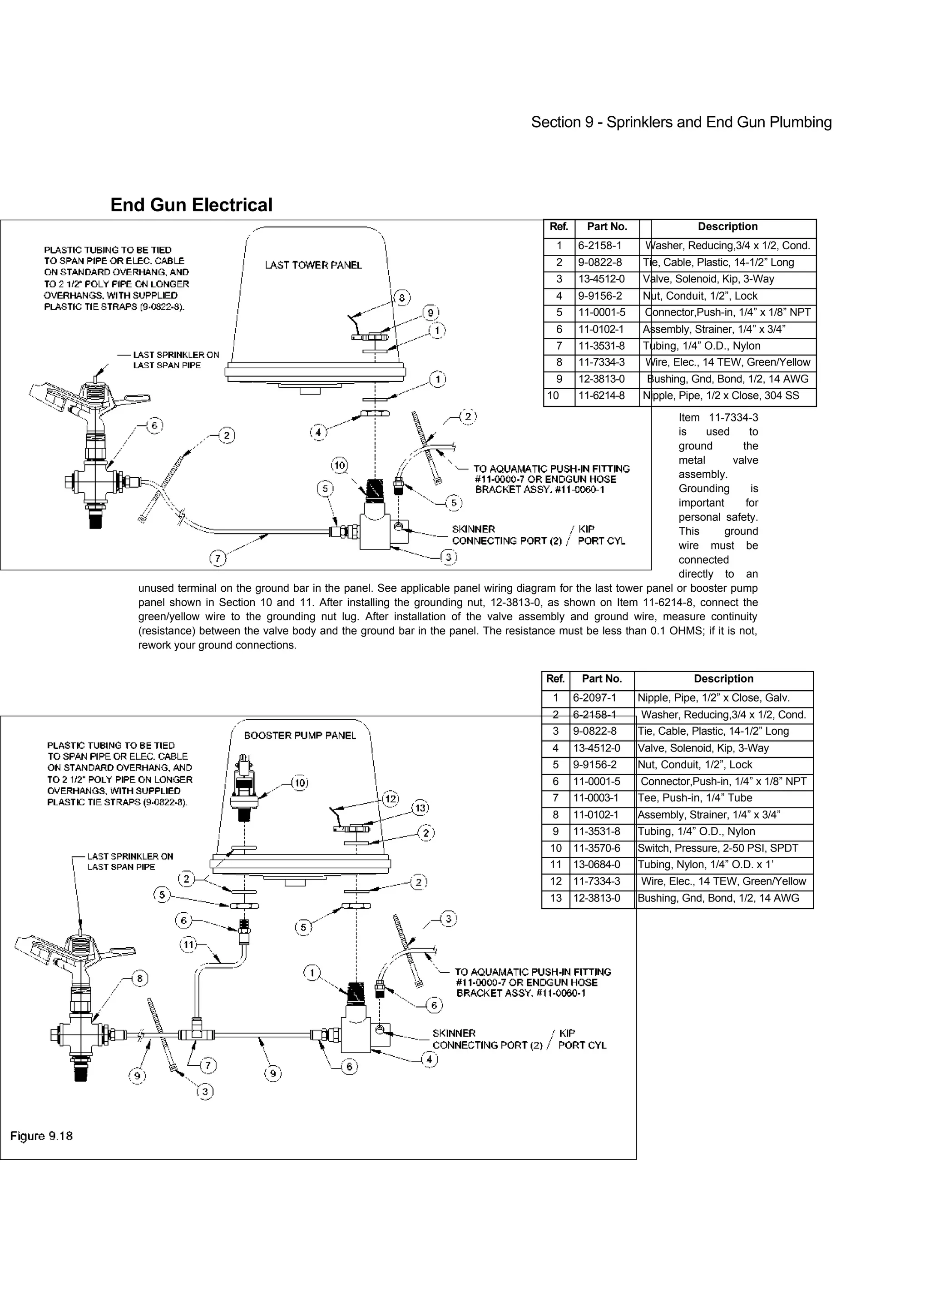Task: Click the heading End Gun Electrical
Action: pyautogui.click(x=191, y=205)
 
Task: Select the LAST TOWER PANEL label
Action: pyautogui.click(x=313, y=265)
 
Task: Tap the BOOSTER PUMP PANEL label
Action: pyautogui.click(x=300, y=735)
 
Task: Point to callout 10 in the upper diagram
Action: pyautogui.click(x=340, y=465)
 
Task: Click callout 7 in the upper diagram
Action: pyautogui.click(x=217, y=558)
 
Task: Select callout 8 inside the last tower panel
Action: pyautogui.click(x=402, y=297)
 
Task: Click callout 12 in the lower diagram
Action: pyautogui.click(x=390, y=798)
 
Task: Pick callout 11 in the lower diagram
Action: pyautogui.click(x=188, y=944)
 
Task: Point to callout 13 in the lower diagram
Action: pyautogui.click(x=420, y=808)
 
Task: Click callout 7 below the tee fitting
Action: pyautogui.click(x=208, y=1065)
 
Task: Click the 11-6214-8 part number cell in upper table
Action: pyautogui.click(x=601, y=396)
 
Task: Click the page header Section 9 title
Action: pyautogui.click(x=681, y=122)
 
